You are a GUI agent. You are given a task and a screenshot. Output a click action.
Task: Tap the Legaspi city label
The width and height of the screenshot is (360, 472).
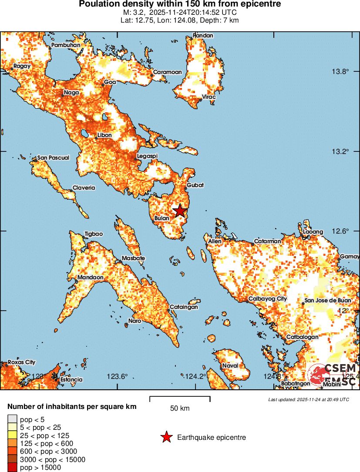[147, 156]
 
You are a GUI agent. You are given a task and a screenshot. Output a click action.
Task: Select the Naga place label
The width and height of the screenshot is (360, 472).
[71, 92]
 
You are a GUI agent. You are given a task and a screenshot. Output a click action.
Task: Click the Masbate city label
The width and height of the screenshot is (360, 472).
[133, 258]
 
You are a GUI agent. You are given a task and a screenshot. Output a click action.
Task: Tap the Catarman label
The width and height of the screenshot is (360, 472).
[268, 241]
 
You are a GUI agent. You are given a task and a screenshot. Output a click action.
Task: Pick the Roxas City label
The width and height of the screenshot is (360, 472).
[22, 362]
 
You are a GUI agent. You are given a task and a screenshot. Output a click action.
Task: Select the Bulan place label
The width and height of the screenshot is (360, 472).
[161, 218]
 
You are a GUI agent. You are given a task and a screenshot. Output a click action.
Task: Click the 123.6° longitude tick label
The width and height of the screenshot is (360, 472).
[118, 377]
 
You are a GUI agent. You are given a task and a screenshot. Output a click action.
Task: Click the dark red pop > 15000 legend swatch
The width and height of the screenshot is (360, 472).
[12, 468]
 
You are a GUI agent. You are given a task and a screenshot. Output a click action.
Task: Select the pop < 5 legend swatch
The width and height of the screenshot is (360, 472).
[12, 419]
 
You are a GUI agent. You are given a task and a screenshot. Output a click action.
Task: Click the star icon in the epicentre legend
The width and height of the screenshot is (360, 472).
[166, 437]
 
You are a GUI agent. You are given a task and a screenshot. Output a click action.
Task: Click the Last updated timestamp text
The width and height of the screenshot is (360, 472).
[309, 399]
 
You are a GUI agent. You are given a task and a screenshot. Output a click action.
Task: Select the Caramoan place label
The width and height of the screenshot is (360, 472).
[166, 72]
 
